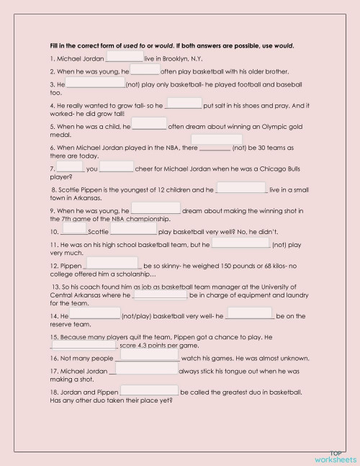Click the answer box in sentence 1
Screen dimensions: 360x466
(125, 56)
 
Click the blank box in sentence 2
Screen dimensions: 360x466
(145, 70)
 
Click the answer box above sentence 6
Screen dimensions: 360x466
(216, 140)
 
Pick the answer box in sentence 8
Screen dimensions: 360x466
(241, 188)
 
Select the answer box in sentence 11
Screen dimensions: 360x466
(241, 243)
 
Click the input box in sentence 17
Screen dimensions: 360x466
(147, 368)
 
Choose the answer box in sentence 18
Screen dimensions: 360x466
(149, 390)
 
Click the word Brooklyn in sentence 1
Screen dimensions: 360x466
(168, 58)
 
